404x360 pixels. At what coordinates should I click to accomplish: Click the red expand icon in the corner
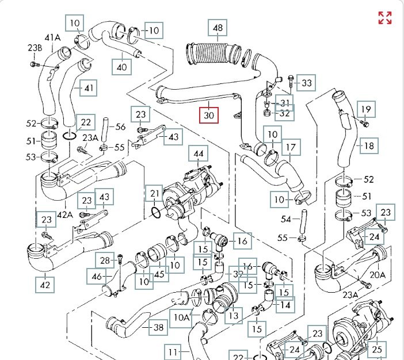[384, 17]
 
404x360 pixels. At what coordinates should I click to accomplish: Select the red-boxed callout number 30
[209, 115]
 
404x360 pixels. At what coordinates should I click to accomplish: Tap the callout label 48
[218, 28]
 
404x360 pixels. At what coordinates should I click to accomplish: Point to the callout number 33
[307, 83]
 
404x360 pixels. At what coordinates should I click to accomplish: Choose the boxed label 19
[366, 109]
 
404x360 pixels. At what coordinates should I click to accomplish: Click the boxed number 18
[368, 145]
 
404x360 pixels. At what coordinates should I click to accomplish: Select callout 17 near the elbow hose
[291, 147]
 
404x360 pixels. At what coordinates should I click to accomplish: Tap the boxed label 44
[199, 154]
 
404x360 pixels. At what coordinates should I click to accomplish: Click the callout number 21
[154, 193]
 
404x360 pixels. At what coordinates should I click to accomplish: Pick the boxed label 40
[121, 67]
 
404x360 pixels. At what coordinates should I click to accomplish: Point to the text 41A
[52, 38]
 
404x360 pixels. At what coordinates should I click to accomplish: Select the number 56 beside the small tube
[120, 127]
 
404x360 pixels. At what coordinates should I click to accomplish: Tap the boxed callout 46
[96, 277]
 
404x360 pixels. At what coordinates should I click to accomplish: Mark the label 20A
[378, 275]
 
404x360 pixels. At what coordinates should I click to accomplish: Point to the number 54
[286, 220]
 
